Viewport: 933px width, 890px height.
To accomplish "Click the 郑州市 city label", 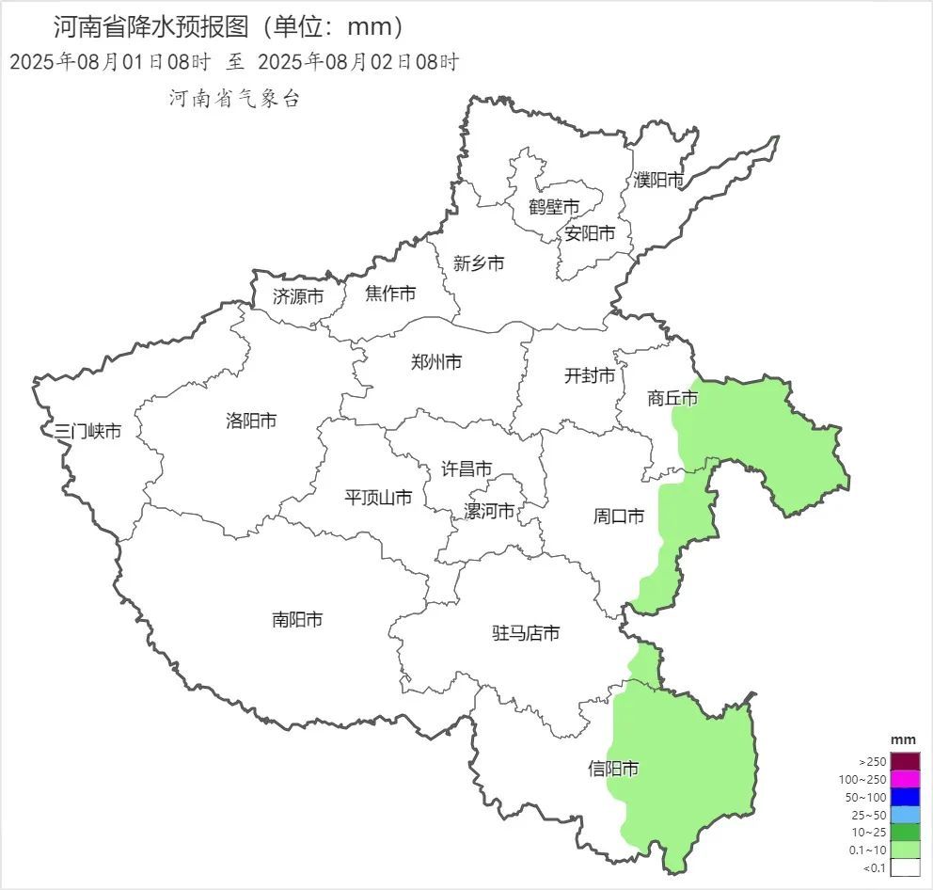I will tap(436, 361).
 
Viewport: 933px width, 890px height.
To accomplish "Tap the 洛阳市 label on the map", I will tap(251, 421).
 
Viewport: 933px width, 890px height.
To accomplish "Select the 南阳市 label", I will tap(297, 619).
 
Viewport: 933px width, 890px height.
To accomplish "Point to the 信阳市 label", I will tap(613, 769).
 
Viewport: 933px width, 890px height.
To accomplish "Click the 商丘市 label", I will tap(672, 399).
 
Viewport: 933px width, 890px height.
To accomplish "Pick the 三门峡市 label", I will tap(87, 432).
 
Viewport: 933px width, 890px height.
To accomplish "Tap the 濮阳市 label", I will tap(658, 180).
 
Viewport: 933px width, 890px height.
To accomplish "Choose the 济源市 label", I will tap(298, 295).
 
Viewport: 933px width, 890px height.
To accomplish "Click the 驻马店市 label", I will tap(526, 633).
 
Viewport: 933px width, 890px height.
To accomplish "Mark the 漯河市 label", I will tap(489, 511).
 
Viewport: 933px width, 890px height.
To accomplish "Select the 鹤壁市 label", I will tap(553, 206).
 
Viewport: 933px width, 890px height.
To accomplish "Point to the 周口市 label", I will tap(618, 517).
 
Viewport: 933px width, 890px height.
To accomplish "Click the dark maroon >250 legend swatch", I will tap(905, 761).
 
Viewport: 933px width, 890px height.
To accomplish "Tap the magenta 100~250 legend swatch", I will tap(905, 779).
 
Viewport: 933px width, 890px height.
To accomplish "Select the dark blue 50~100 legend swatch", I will tap(905, 797).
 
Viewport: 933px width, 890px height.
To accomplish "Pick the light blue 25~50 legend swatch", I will tap(905, 815).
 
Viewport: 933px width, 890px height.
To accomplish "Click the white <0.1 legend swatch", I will tap(905, 868).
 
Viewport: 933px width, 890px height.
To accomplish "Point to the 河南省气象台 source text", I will tap(234, 98).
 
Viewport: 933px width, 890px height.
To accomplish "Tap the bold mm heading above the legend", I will tap(904, 739).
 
